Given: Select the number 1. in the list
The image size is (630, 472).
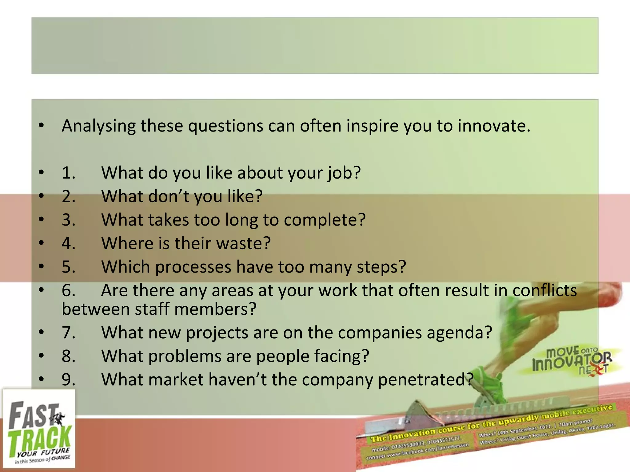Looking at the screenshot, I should [x=68, y=173].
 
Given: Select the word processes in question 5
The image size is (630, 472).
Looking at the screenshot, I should [x=193, y=267].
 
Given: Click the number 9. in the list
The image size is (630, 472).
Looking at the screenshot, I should [x=68, y=380].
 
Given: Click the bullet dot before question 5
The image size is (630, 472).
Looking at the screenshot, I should [x=42, y=267].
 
